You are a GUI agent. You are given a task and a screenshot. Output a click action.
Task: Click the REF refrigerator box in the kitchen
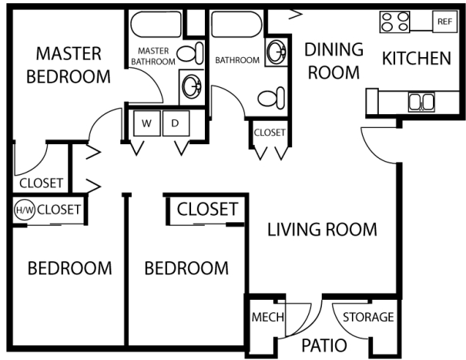click(444, 22)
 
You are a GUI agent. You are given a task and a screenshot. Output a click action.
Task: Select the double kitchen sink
click(420, 101)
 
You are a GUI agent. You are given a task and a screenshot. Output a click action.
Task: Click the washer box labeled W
click(146, 123)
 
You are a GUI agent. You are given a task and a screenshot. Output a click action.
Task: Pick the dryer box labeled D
click(176, 123)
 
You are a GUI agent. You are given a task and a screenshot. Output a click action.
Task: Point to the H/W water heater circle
click(23, 209)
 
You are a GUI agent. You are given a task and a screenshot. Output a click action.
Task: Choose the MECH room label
click(267, 318)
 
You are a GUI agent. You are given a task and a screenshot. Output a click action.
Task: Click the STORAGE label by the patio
click(368, 317)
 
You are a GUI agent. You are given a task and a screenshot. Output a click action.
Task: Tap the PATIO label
click(323, 345)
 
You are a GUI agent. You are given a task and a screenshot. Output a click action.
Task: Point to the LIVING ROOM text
click(322, 229)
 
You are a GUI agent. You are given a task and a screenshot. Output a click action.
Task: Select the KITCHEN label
click(416, 58)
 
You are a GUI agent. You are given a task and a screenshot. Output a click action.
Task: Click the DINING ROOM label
click(333, 61)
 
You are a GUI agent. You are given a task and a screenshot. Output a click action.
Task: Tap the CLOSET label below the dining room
click(269, 133)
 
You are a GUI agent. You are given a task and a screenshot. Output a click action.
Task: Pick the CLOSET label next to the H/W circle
click(59, 208)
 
